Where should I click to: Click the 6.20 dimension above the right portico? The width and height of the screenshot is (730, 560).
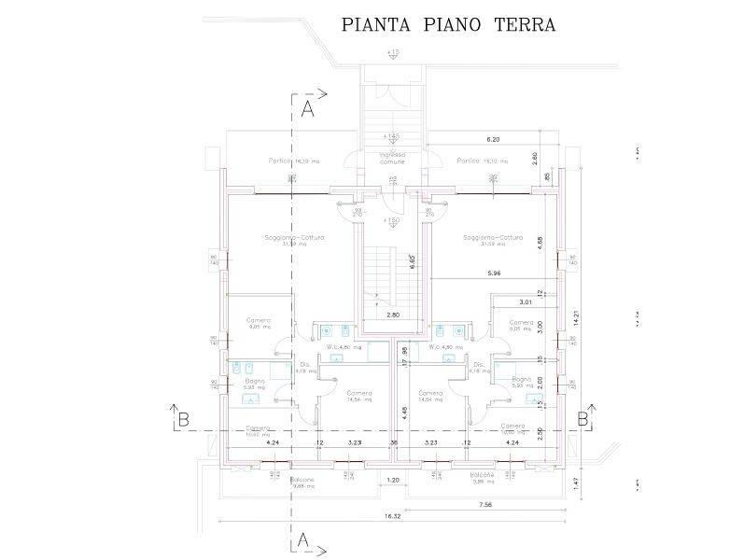tap(494, 139)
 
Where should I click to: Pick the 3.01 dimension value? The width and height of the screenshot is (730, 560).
tap(525, 301)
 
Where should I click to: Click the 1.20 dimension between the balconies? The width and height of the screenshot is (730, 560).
tap(393, 482)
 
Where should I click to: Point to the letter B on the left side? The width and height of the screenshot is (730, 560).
tap(175, 419)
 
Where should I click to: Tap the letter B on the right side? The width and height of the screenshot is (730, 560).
tap(583, 419)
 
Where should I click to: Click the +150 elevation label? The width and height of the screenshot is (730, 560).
tap(391, 220)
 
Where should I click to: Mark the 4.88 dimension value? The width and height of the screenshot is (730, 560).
tap(542, 239)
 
